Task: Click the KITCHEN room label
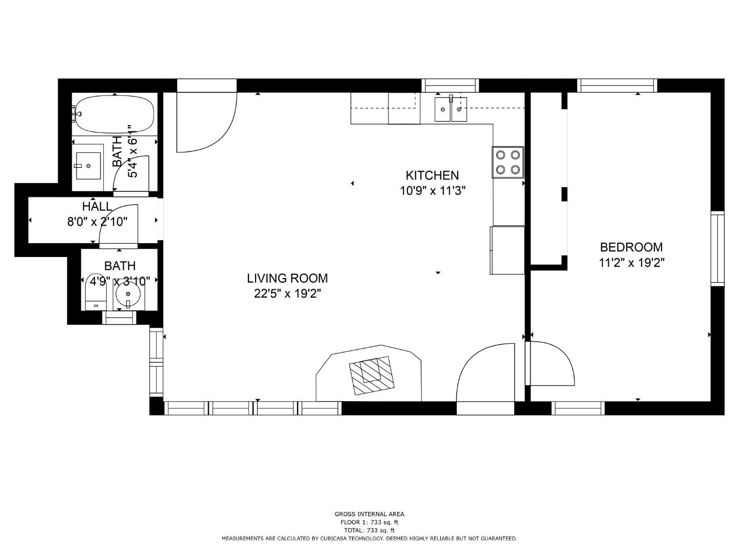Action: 432,175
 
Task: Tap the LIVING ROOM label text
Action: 287,278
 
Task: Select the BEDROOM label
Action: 631,247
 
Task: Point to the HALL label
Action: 98,206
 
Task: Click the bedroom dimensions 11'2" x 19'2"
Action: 631,262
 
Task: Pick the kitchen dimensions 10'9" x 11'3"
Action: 432,191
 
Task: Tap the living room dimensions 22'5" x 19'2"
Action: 287,293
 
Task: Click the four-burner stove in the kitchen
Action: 508,162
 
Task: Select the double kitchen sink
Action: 451,109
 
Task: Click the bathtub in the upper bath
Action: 114,114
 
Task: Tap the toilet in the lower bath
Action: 96,292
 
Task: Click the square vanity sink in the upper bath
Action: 88,166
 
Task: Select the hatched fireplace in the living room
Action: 372,375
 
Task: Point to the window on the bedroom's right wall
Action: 717,249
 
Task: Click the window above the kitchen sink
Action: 450,86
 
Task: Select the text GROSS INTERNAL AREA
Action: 369,514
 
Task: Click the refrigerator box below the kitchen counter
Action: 508,250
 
